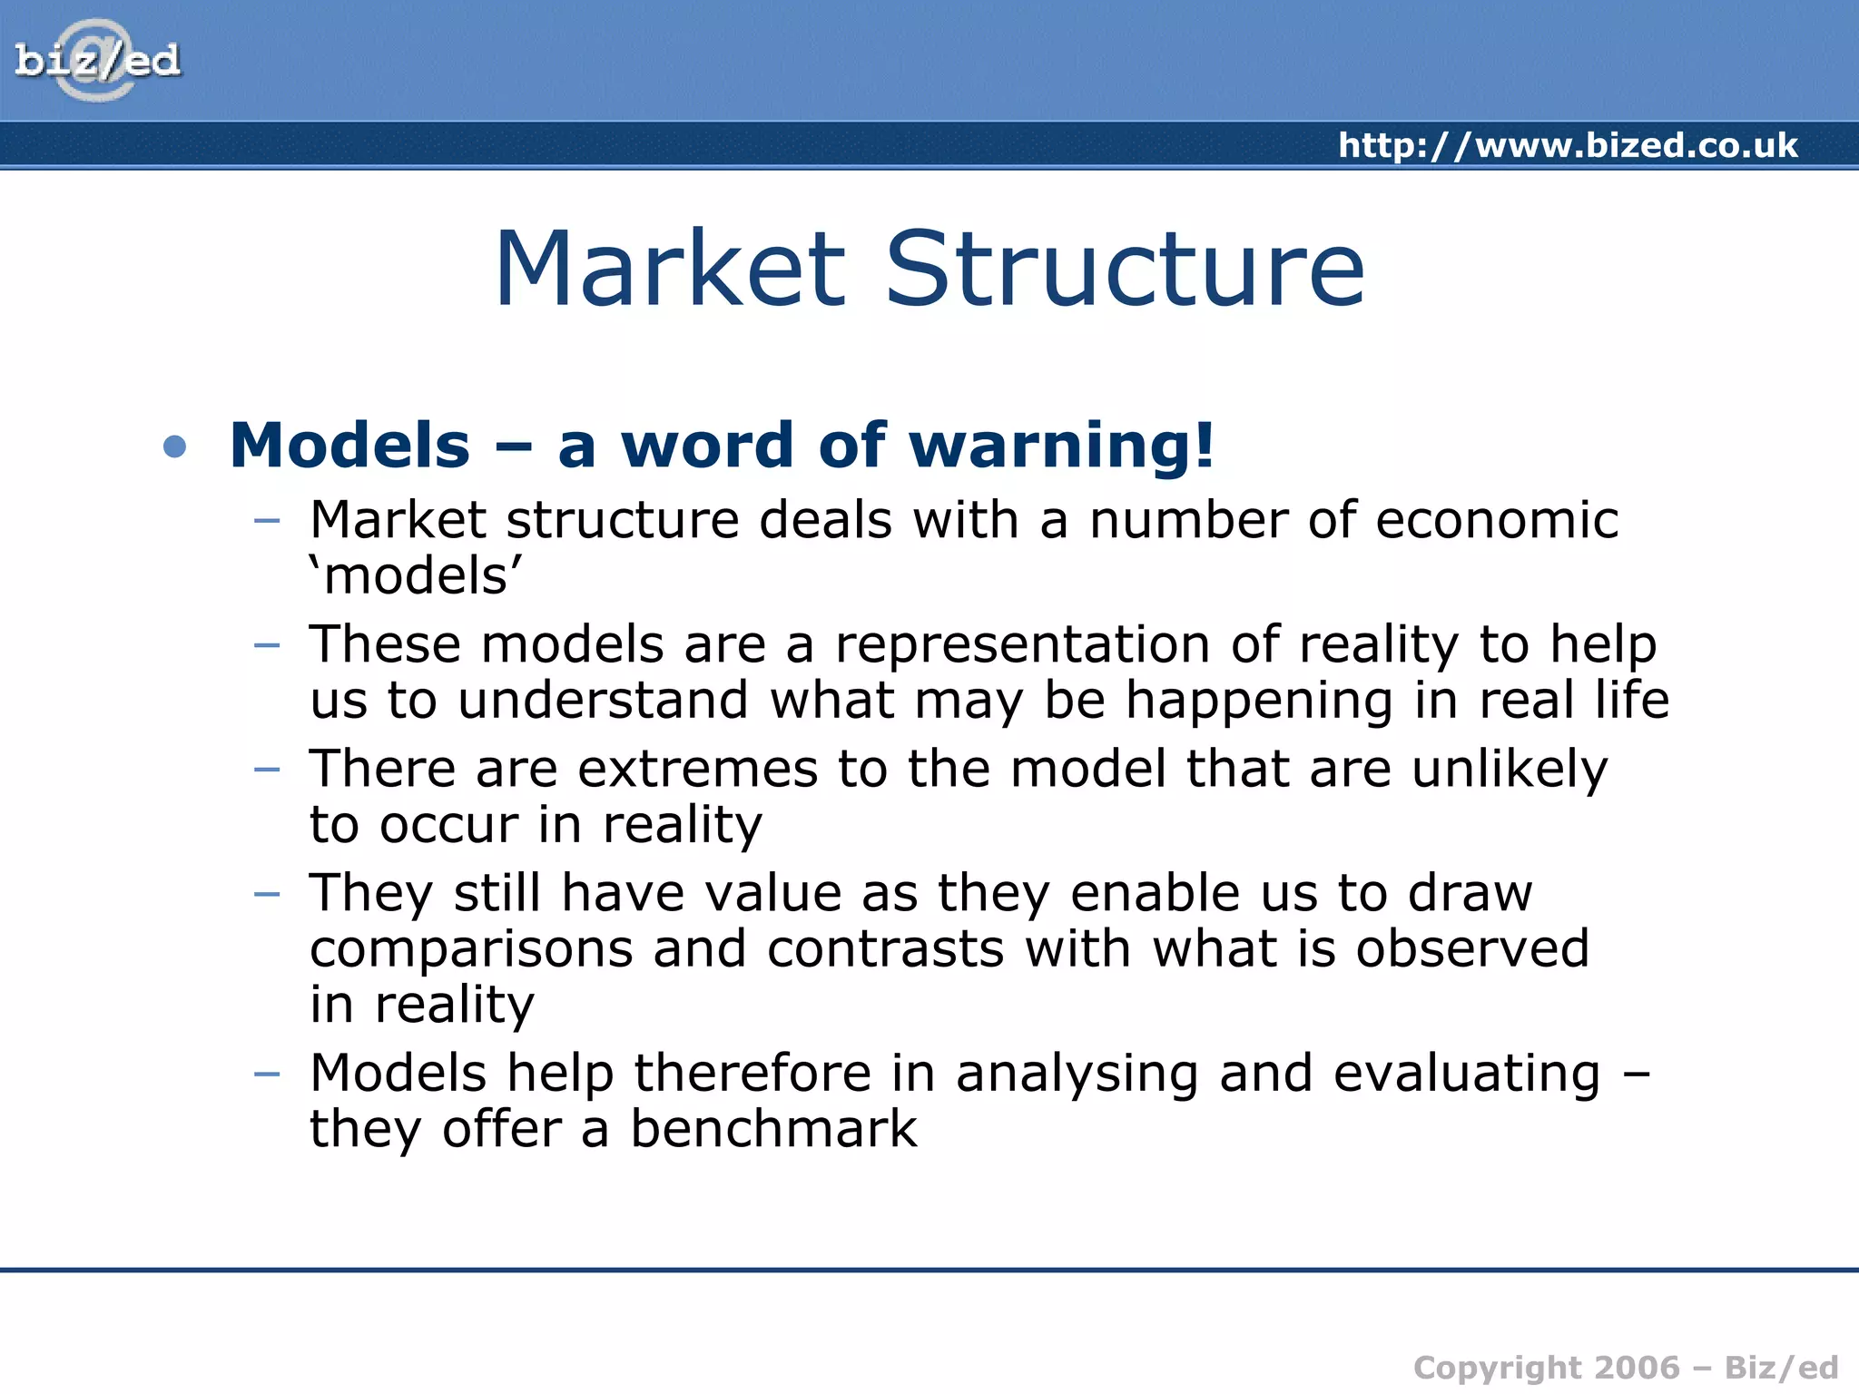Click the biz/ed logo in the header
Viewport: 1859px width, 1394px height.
[97, 61]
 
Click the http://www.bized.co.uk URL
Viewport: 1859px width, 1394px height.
[1567, 145]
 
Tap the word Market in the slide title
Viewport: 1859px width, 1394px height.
[670, 270]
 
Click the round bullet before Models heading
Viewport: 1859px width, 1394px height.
[174, 447]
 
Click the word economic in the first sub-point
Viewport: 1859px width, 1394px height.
[1497, 521]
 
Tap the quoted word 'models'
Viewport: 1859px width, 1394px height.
[417, 577]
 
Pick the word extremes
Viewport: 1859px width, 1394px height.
[697, 770]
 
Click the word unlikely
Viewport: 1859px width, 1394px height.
[1509, 770]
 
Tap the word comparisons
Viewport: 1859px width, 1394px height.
[471, 949]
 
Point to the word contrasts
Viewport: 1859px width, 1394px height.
[885, 949]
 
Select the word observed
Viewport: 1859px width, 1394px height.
[1471, 949]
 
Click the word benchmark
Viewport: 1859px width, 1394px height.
[773, 1130]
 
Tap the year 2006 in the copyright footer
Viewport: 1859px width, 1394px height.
[1637, 1368]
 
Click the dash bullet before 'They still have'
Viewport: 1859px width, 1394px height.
[267, 894]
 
